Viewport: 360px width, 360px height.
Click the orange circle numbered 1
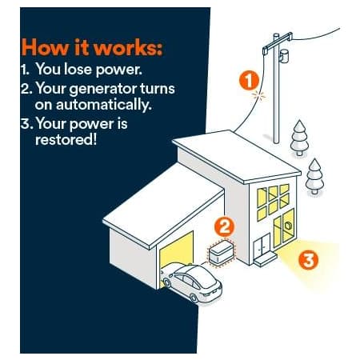(249, 81)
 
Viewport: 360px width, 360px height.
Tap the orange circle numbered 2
(224, 226)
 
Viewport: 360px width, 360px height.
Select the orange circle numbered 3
(308, 260)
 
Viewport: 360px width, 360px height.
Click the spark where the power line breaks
(258, 95)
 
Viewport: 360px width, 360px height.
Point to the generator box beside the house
(222, 253)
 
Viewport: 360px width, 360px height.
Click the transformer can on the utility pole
(284, 56)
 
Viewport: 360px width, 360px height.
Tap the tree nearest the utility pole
(299, 138)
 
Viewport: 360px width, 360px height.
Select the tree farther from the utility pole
(314, 176)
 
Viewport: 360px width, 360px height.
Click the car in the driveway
(191, 283)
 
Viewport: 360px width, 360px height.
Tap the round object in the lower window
(288, 226)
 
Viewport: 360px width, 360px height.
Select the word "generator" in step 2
(102, 90)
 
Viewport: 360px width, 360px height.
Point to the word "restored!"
(66, 139)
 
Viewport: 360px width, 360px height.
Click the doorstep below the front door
(265, 259)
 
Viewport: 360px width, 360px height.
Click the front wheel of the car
(194, 298)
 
